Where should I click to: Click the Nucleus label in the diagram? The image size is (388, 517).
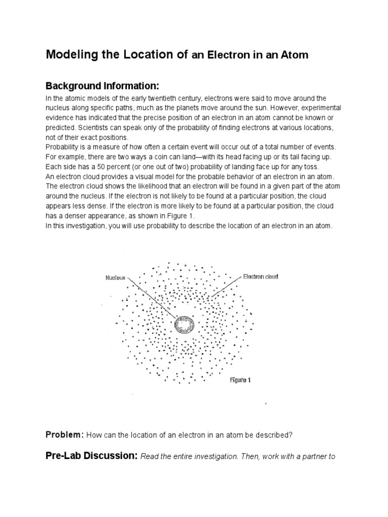115,277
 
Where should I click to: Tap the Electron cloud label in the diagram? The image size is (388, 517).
261,276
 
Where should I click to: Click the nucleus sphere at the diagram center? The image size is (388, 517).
184,325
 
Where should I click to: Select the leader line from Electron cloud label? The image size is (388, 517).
223,287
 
